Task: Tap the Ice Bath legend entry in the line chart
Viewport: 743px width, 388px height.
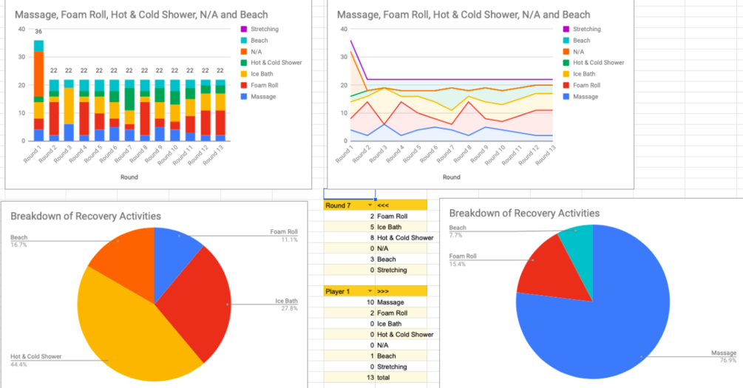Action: point(583,74)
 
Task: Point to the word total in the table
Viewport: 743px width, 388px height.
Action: point(384,378)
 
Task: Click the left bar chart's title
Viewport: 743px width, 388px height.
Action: point(141,15)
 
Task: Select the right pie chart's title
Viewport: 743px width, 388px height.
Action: point(524,214)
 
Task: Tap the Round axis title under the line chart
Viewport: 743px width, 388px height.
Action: point(451,177)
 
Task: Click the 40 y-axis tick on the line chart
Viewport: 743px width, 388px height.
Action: point(343,30)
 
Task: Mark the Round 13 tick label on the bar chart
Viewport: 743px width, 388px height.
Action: point(214,157)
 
